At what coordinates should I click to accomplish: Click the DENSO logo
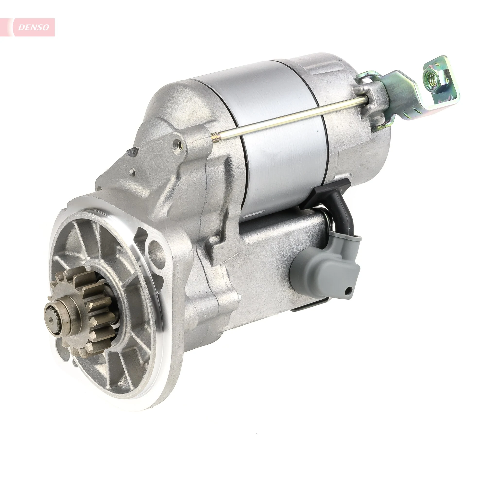[34, 27]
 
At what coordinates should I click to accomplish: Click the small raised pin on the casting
[131, 172]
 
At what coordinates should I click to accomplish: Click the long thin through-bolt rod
[289, 118]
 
